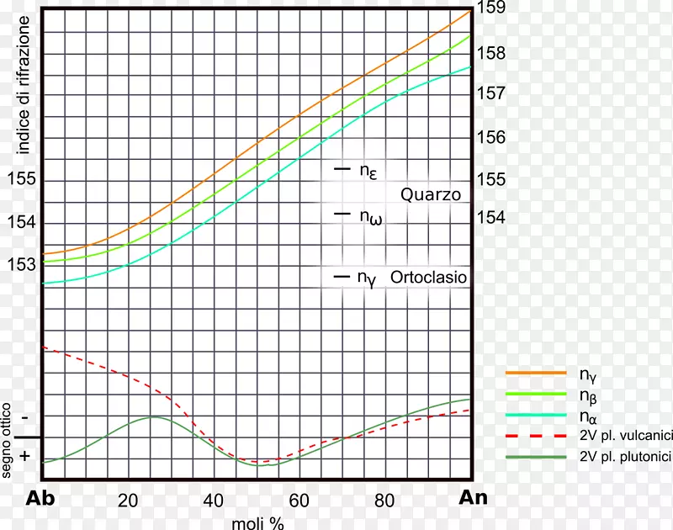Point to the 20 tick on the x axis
point(128,500)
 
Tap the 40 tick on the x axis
point(214,500)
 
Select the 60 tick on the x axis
point(299,500)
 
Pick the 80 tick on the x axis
point(384,500)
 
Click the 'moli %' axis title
point(257,522)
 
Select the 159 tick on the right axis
point(490,9)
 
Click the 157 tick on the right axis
point(490,92)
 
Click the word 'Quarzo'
point(431,194)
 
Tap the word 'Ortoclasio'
point(429,276)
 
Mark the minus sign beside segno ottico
point(24,417)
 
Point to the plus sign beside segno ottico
point(24,455)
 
